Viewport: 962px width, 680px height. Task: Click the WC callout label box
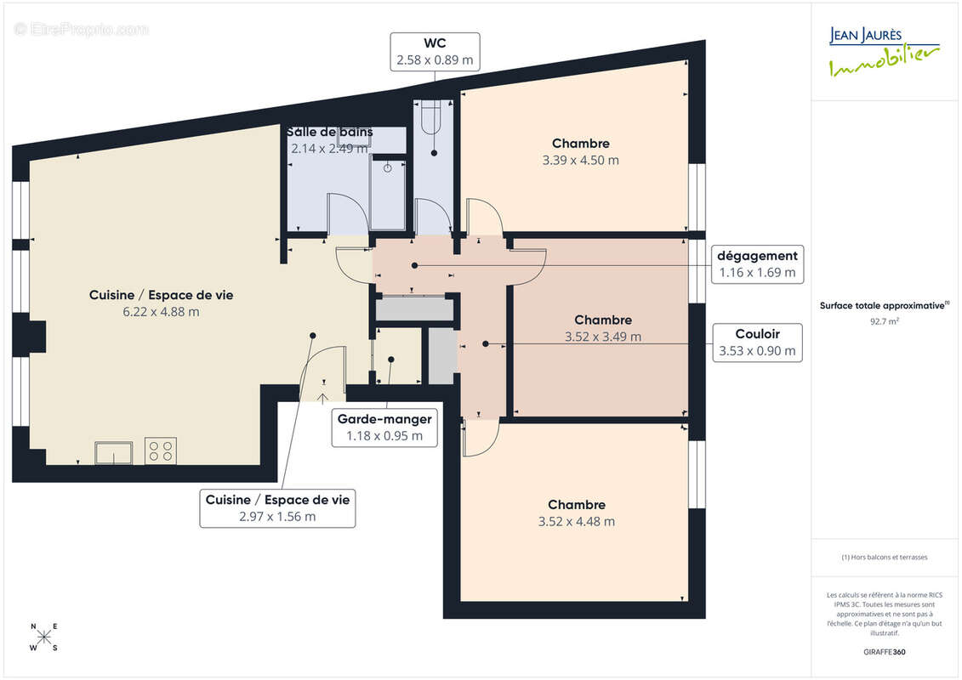(x=435, y=52)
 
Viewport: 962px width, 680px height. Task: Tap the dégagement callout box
(x=757, y=263)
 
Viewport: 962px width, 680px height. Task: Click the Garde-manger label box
(x=384, y=428)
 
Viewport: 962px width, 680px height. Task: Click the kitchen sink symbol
(x=113, y=451)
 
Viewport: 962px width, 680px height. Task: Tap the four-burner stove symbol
(x=161, y=450)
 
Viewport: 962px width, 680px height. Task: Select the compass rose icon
(x=44, y=637)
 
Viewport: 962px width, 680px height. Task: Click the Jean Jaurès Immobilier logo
(x=884, y=51)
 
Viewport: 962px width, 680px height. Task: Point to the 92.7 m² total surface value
(x=885, y=321)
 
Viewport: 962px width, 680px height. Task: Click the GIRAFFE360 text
(x=885, y=652)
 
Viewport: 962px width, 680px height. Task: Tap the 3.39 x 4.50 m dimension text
(x=580, y=160)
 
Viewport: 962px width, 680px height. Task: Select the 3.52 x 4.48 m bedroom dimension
(x=577, y=521)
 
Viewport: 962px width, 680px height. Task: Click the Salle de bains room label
(x=329, y=132)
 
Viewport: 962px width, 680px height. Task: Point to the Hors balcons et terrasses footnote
(x=885, y=558)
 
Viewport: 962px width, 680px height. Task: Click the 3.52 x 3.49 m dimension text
(x=603, y=336)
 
